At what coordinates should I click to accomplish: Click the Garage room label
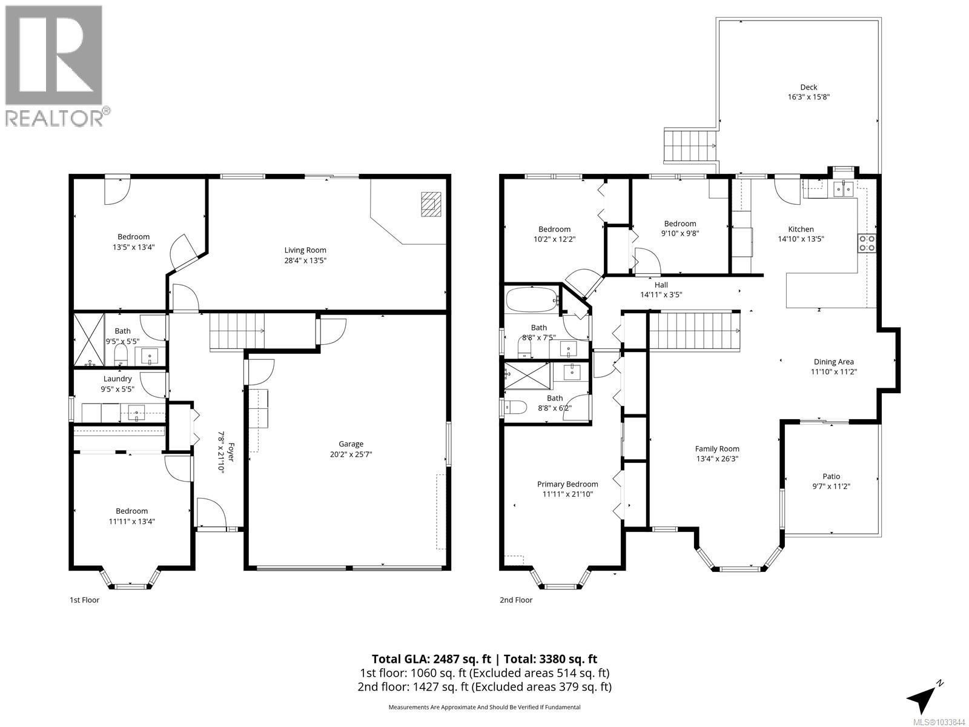click(x=351, y=444)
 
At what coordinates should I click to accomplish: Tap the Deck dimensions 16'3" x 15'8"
click(x=809, y=97)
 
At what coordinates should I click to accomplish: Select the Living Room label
click(x=305, y=250)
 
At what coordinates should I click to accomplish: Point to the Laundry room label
click(x=117, y=379)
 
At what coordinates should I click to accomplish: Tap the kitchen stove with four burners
click(x=867, y=242)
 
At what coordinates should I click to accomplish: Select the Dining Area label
click(x=833, y=362)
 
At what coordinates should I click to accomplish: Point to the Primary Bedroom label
click(x=567, y=484)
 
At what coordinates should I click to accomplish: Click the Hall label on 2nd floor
click(x=661, y=285)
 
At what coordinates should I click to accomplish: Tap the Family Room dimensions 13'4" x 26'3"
click(x=717, y=459)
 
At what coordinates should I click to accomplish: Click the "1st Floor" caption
click(x=84, y=600)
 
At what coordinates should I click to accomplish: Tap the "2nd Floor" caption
click(x=516, y=600)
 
